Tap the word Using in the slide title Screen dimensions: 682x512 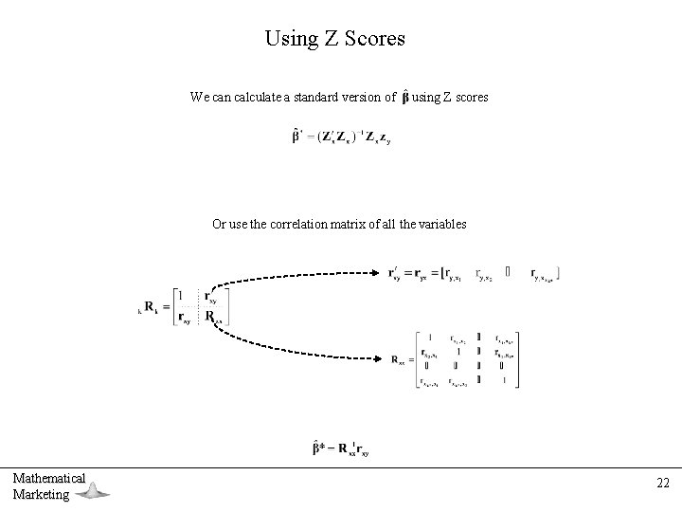coord(287,39)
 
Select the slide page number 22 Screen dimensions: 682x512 coord(663,483)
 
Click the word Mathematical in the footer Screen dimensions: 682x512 coord(49,478)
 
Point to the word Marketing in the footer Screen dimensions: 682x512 coord(42,494)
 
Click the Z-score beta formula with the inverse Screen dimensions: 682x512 coord(341,137)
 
